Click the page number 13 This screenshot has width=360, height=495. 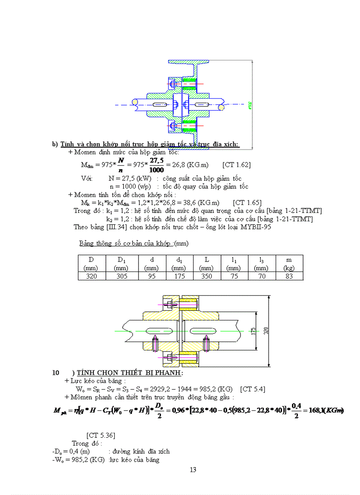193,469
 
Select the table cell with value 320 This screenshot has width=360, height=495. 92,276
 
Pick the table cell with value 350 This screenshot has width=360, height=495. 206,276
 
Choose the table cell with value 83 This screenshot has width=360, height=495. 289,276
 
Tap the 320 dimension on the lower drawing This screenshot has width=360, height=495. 266,331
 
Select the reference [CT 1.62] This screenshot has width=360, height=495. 236,165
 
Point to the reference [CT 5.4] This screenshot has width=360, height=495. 252,389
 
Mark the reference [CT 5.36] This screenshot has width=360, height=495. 101,435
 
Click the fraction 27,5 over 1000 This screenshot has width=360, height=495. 157,165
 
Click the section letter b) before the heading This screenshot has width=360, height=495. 55,144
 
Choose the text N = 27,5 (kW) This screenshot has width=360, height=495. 130,179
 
